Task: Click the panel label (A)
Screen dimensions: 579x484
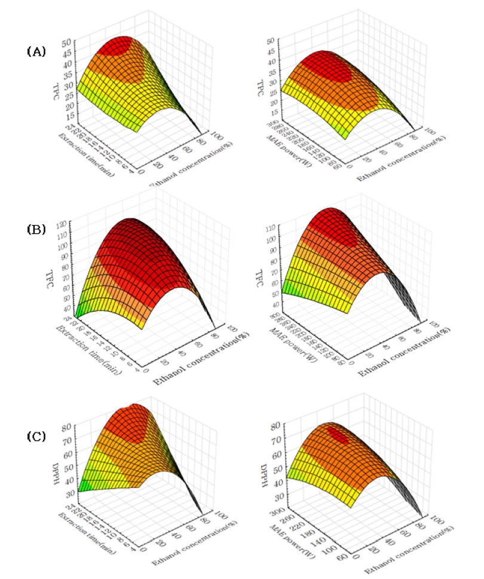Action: [x=36, y=51]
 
